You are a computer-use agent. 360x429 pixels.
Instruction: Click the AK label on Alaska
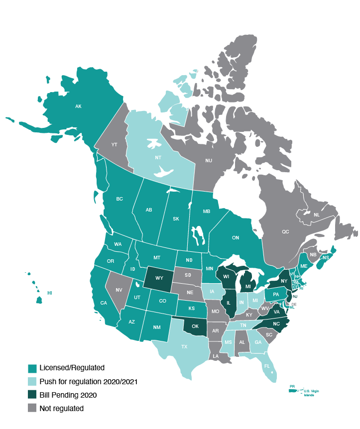coord(78,107)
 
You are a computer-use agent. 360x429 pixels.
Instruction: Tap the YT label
coord(114,145)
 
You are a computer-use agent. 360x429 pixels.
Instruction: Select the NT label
coord(158,158)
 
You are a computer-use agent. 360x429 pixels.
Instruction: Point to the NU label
coord(209,161)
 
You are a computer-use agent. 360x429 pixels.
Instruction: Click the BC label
coord(120,199)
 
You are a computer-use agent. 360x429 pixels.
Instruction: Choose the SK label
coord(176,219)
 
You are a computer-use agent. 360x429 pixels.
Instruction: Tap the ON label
coord(236,238)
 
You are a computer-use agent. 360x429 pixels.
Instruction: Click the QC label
coord(285,232)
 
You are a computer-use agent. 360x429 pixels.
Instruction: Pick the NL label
coord(317,215)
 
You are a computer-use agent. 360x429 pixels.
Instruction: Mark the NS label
coord(326,258)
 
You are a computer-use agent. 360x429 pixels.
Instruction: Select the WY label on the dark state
coord(159,278)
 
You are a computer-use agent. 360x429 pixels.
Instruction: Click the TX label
coord(184,347)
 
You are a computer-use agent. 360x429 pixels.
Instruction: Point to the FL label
coord(267,366)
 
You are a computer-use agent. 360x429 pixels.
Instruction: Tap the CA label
coord(104,303)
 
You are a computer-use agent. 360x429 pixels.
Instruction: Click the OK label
coord(195,326)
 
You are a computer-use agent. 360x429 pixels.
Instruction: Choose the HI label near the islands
coord(49,293)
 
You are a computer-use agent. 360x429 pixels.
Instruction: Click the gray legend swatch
coord(32,408)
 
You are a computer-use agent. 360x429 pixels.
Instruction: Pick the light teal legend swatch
coord(32,382)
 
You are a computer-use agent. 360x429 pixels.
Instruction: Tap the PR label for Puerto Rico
coord(292,386)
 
